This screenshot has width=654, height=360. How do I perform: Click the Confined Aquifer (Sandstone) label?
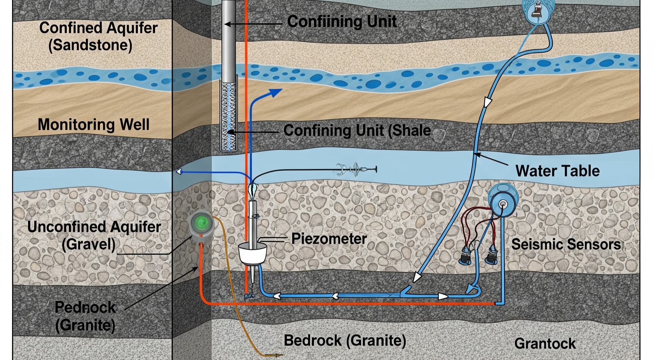coord(98,36)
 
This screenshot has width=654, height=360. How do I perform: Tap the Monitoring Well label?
coord(93,124)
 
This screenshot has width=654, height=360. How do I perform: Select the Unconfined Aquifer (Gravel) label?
coord(94,235)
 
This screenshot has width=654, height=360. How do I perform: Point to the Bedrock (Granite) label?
coord(345,340)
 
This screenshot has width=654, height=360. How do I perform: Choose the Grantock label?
coord(545,344)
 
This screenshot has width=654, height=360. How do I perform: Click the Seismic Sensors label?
coord(566,244)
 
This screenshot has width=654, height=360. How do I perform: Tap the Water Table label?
coord(558,171)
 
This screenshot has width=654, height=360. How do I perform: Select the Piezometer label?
coord(329,239)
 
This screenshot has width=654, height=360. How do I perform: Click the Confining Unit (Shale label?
coord(357,130)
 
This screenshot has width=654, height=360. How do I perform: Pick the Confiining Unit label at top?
coord(342,22)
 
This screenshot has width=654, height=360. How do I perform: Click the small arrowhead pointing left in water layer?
coord(179,172)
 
